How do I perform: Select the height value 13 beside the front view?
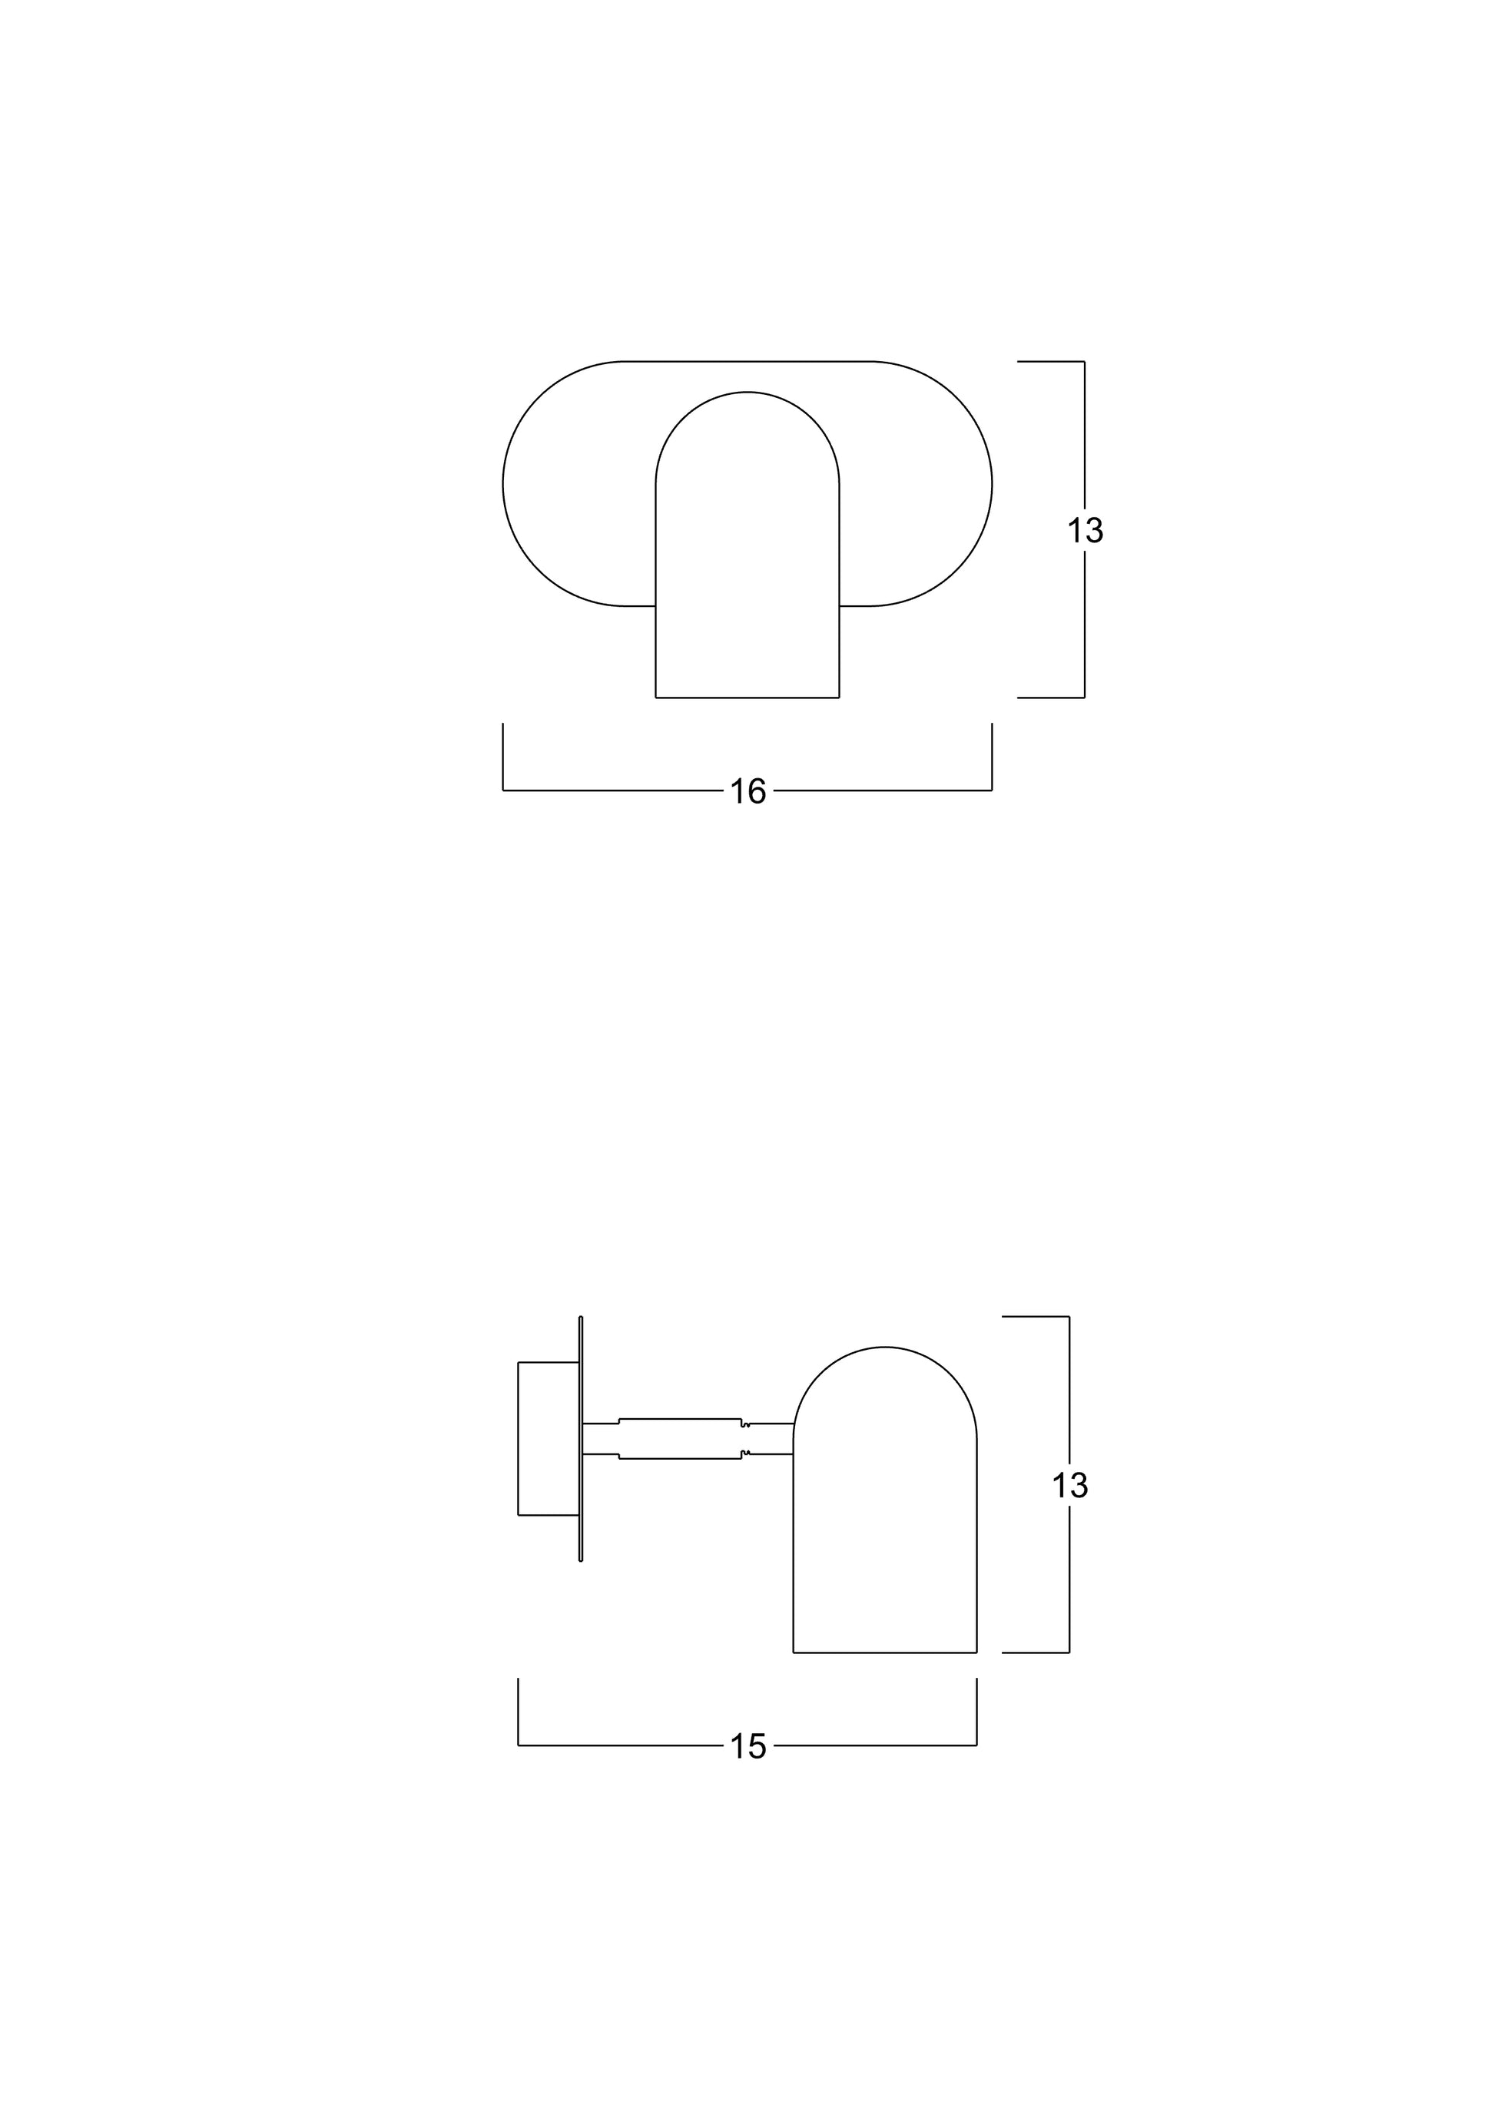coord(1085,531)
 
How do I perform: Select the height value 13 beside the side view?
coord(1069,1485)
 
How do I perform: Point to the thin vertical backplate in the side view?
coord(580,1438)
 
